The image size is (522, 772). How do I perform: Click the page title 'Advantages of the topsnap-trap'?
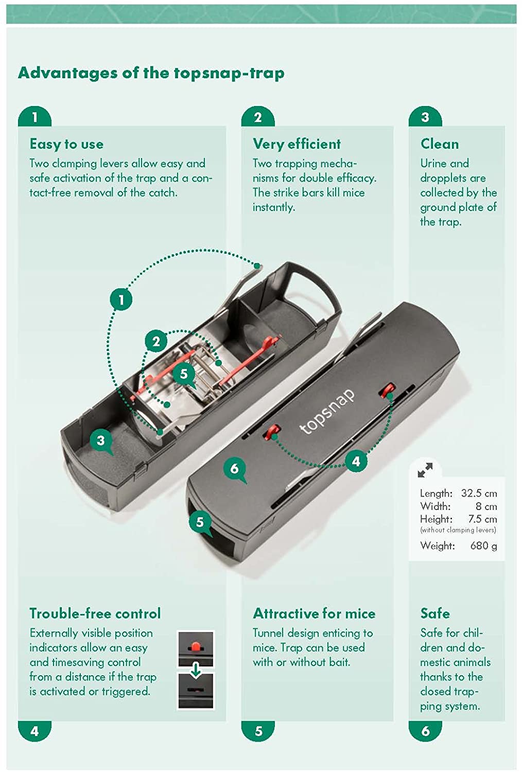click(x=151, y=73)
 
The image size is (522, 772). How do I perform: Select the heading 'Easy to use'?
click(x=66, y=144)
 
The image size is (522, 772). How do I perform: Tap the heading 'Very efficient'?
click(x=297, y=144)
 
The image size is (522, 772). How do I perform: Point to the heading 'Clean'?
click(x=439, y=144)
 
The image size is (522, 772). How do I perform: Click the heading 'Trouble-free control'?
click(x=95, y=613)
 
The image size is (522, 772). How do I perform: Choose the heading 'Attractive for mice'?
click(x=314, y=613)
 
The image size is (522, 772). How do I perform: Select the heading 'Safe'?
click(x=435, y=613)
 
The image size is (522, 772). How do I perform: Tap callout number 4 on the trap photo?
click(x=356, y=461)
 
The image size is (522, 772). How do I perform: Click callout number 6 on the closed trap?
click(x=235, y=468)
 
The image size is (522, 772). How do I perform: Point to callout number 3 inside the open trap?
click(x=101, y=440)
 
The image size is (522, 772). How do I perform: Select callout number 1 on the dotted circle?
click(x=121, y=300)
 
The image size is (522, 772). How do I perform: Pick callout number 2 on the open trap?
click(x=156, y=341)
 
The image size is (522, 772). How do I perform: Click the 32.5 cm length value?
click(x=479, y=493)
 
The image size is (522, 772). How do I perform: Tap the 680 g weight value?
click(x=483, y=546)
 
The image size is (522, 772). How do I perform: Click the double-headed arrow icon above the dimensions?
click(x=425, y=470)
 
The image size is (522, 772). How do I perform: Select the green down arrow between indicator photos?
click(x=196, y=670)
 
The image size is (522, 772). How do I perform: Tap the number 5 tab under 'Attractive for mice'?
click(x=258, y=731)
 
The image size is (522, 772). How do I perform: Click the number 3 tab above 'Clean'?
click(x=425, y=117)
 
